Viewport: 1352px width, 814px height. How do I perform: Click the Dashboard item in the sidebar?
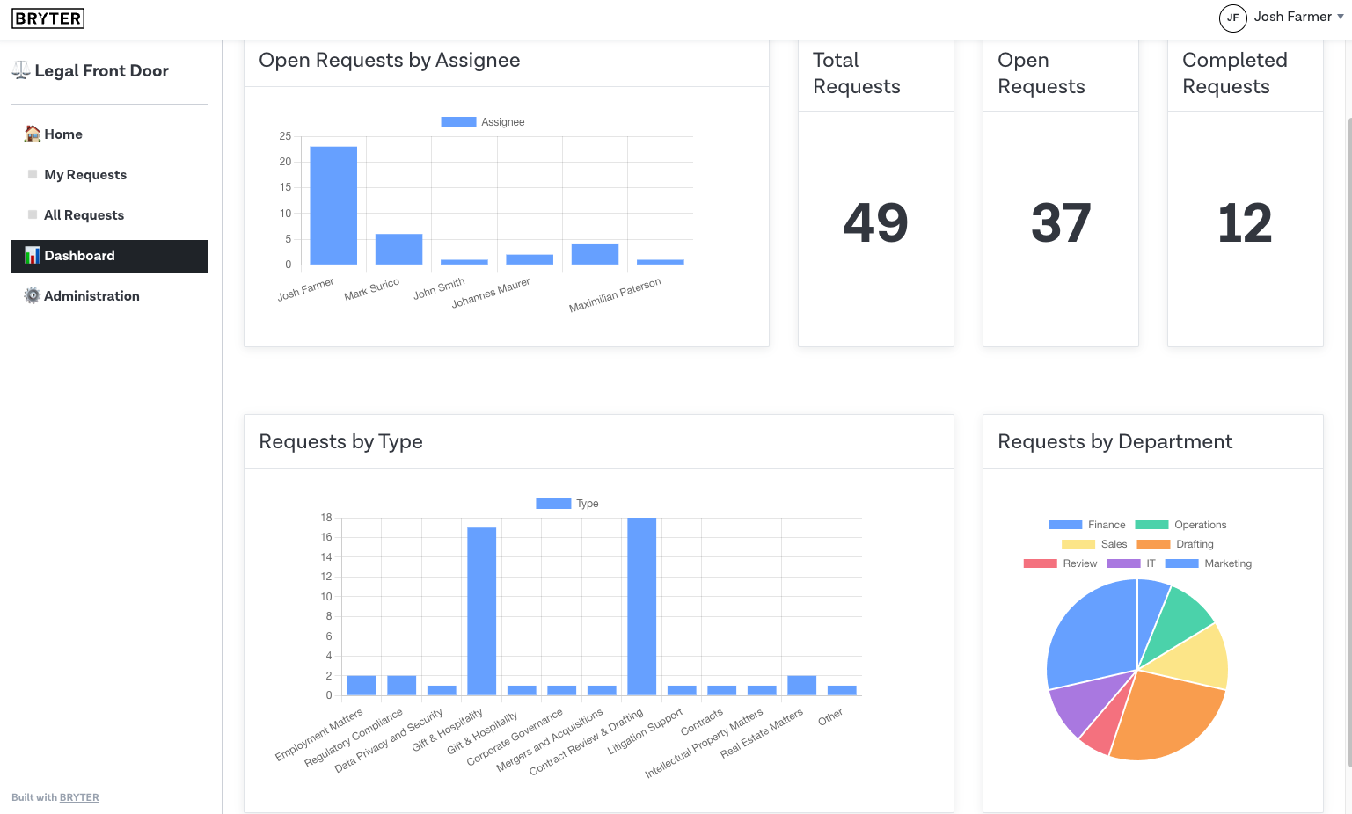pos(109,256)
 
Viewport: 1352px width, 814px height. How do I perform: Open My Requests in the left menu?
pos(85,175)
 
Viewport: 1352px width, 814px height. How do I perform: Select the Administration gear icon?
pos(33,296)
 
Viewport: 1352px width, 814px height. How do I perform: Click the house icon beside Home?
pos(33,134)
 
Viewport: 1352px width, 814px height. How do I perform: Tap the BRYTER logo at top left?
pos(48,18)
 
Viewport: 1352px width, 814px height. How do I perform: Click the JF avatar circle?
pos(1232,18)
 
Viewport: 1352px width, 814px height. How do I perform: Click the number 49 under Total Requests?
pos(875,223)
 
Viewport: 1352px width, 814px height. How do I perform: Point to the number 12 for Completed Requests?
pos(1245,223)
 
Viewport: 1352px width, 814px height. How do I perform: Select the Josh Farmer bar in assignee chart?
pos(333,206)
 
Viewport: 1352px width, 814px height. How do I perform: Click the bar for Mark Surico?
pos(398,250)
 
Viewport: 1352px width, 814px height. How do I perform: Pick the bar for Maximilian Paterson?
pos(595,254)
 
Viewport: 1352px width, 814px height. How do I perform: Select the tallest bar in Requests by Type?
pos(641,607)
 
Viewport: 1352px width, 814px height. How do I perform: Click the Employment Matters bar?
pos(362,686)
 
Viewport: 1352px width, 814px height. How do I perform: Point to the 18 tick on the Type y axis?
pos(326,518)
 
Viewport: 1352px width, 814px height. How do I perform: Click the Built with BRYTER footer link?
pos(79,797)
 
